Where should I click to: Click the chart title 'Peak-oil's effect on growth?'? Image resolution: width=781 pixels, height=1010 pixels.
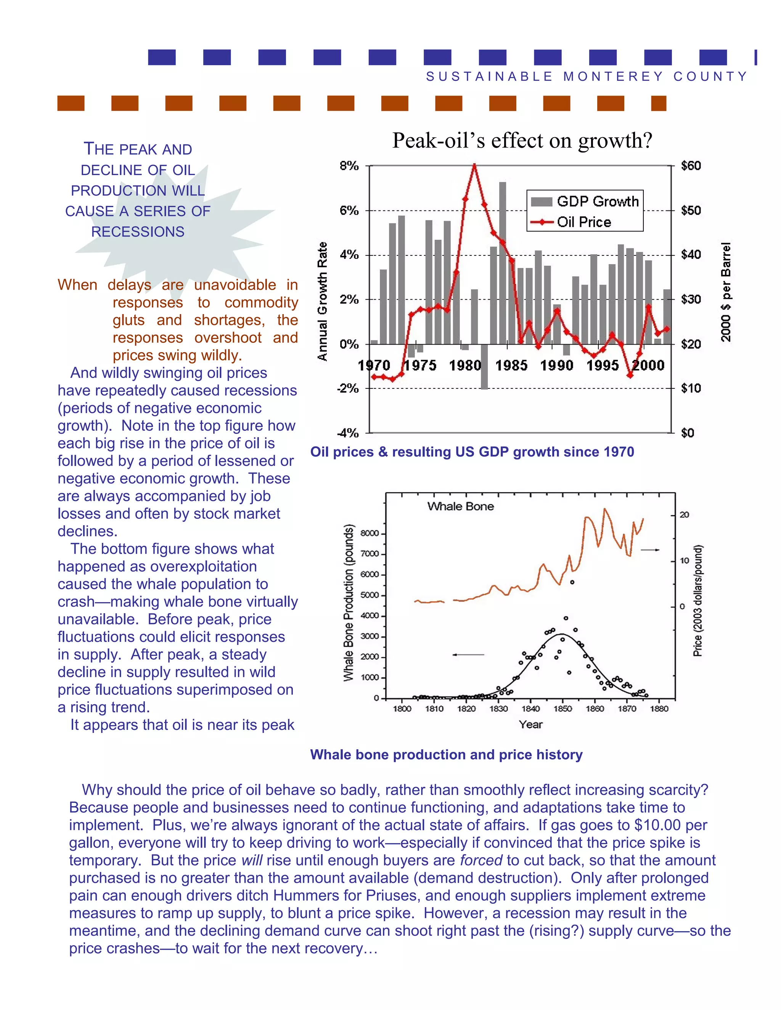(522, 141)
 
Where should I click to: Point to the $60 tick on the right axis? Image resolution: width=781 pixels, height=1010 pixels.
(691, 165)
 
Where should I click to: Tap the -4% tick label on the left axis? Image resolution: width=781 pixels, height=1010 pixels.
(347, 433)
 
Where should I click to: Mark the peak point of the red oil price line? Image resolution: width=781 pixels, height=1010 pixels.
(474, 165)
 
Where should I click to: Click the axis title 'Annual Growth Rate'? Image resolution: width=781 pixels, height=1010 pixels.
(323, 301)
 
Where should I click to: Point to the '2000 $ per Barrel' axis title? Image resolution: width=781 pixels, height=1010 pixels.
(726, 292)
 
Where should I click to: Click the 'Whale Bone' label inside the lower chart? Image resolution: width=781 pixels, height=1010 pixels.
(460, 507)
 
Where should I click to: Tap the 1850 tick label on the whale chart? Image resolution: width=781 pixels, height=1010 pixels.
(562, 709)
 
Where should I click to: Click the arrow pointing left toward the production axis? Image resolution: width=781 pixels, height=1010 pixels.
(468, 655)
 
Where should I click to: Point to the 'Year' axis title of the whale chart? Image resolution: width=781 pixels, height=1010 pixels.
(530, 725)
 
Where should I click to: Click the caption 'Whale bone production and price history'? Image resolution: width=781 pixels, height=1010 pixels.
(446, 755)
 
